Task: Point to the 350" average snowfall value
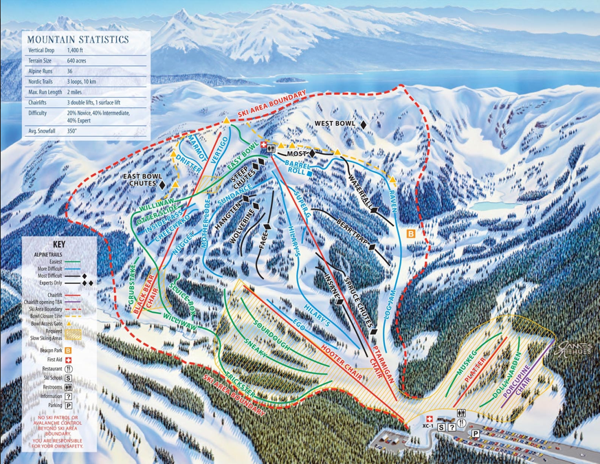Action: pos(73,131)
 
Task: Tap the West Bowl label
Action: pos(335,124)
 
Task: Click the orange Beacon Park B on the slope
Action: pos(411,234)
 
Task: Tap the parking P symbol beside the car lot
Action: pos(474,433)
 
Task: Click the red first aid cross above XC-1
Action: pos(430,417)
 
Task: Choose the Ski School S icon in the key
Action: pos(69,377)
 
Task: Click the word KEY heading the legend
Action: pos(59,244)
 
